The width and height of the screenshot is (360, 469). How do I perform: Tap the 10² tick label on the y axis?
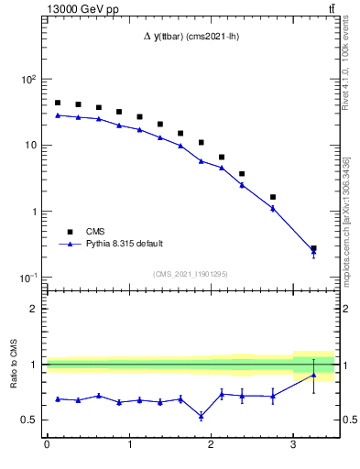(x=28, y=80)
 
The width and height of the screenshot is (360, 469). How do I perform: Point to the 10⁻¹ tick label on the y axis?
(x=28, y=278)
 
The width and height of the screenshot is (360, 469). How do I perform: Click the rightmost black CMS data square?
(x=313, y=248)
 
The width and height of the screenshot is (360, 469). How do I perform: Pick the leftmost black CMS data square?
(x=58, y=103)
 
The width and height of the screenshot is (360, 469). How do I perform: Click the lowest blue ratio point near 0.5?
(x=201, y=416)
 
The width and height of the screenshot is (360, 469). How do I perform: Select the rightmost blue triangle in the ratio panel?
(x=313, y=375)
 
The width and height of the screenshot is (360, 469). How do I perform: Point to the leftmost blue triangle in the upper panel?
(x=58, y=115)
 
